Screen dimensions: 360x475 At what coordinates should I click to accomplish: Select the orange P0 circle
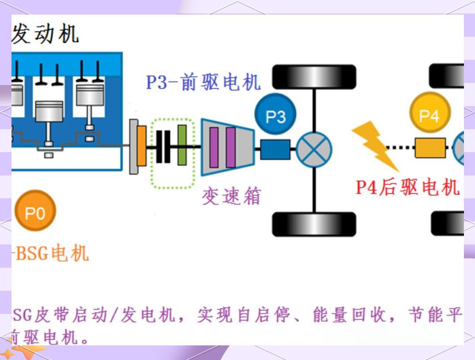35,211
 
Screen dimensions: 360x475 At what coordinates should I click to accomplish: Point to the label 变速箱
232,196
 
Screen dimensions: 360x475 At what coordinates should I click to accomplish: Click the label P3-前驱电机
203,82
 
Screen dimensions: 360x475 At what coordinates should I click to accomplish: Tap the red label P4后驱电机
407,188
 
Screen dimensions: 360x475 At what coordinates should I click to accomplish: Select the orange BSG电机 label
50,253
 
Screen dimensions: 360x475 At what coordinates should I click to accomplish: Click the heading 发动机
46,34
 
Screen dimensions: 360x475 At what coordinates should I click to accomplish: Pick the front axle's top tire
314,77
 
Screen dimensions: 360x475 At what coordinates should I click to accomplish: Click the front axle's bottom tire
314,224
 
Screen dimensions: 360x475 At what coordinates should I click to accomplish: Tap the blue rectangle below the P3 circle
275,149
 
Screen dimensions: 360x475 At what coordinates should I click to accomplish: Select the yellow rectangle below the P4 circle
430,148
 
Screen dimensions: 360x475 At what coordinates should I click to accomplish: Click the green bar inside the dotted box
182,145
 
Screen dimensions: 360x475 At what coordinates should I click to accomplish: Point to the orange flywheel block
142,146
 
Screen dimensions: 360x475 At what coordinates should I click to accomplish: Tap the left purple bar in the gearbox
214,147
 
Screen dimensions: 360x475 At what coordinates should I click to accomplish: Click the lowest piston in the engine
49,115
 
